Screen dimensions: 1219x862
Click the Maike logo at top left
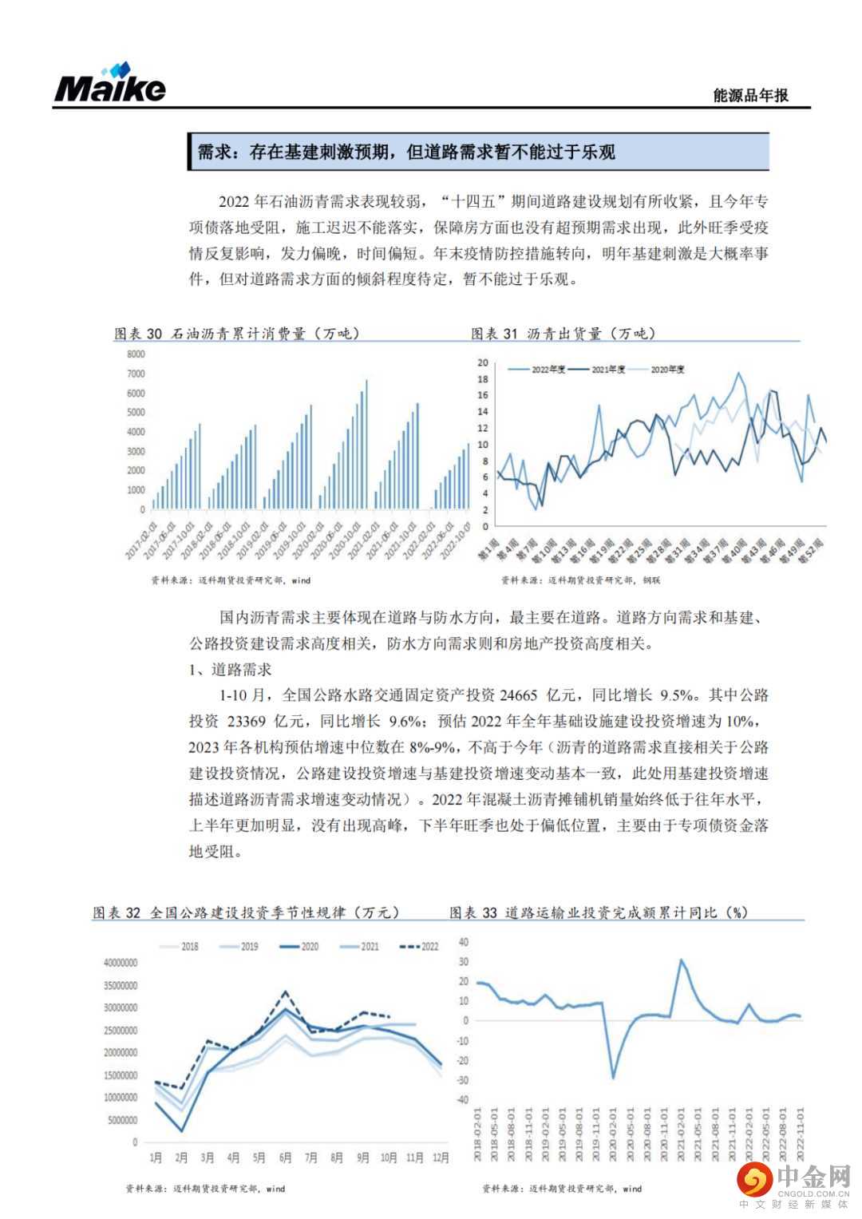pos(110,82)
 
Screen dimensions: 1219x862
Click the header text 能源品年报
pos(750,95)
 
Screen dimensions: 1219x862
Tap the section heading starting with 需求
pos(406,152)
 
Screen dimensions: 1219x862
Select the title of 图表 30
pos(237,333)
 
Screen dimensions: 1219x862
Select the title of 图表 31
pos(563,333)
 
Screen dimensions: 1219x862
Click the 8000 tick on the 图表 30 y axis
pos(136,354)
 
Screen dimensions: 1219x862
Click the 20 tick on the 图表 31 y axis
pos(482,362)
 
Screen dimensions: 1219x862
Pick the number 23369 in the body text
pos(246,722)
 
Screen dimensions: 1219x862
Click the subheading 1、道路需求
pos(231,669)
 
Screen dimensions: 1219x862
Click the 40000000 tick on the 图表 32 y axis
pos(121,963)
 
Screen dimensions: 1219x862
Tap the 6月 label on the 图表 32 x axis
pos(285,1158)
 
